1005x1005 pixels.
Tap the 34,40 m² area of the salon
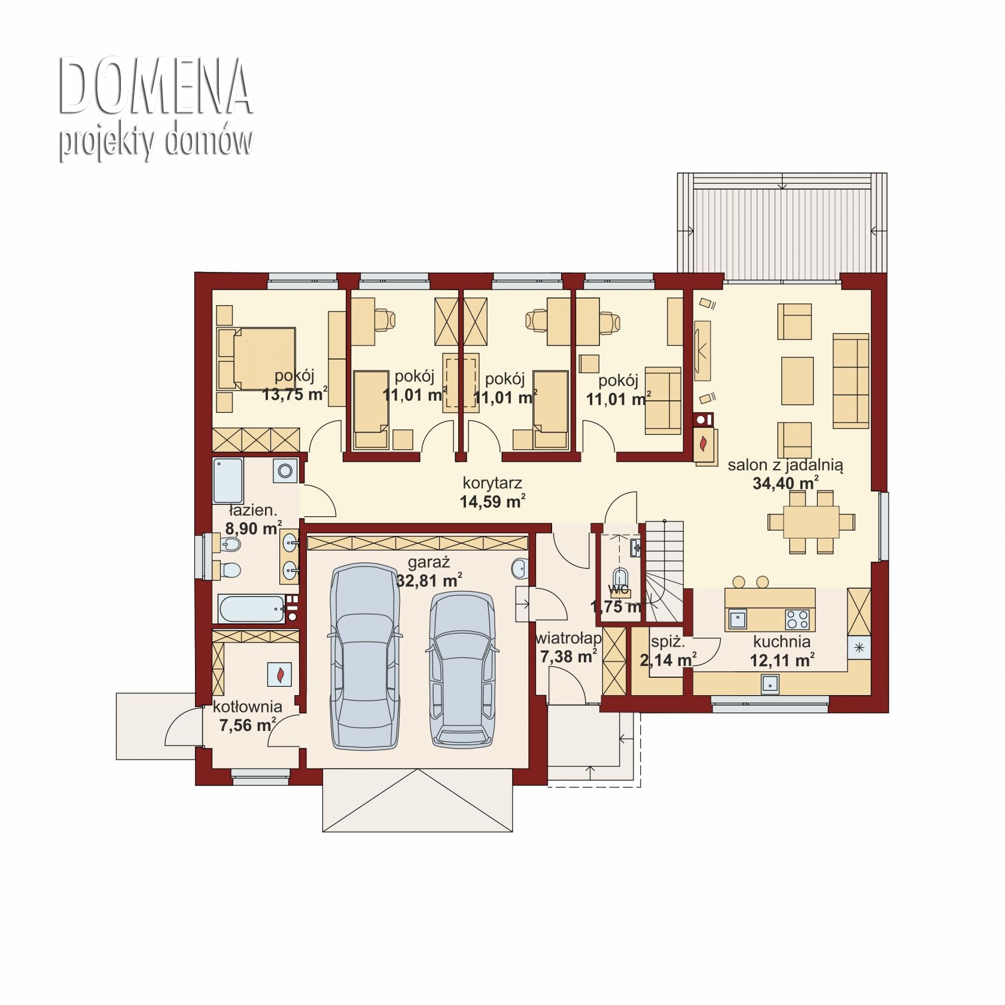pyautogui.click(x=785, y=483)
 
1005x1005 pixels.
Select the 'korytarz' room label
pyautogui.click(x=492, y=483)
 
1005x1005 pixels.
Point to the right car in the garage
pyautogui.click(x=462, y=670)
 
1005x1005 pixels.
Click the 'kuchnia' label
pyautogui.click(x=782, y=642)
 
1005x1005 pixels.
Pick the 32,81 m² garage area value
pyautogui.click(x=429, y=580)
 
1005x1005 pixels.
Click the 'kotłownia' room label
pyautogui.click(x=248, y=706)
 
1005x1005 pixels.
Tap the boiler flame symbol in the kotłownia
pyautogui.click(x=279, y=674)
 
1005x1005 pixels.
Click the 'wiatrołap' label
pyautogui.click(x=568, y=638)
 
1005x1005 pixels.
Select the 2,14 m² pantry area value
pyautogui.click(x=668, y=660)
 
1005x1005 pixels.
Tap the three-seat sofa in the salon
pyautogui.click(x=851, y=382)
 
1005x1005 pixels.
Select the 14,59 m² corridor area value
pyautogui.click(x=493, y=501)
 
